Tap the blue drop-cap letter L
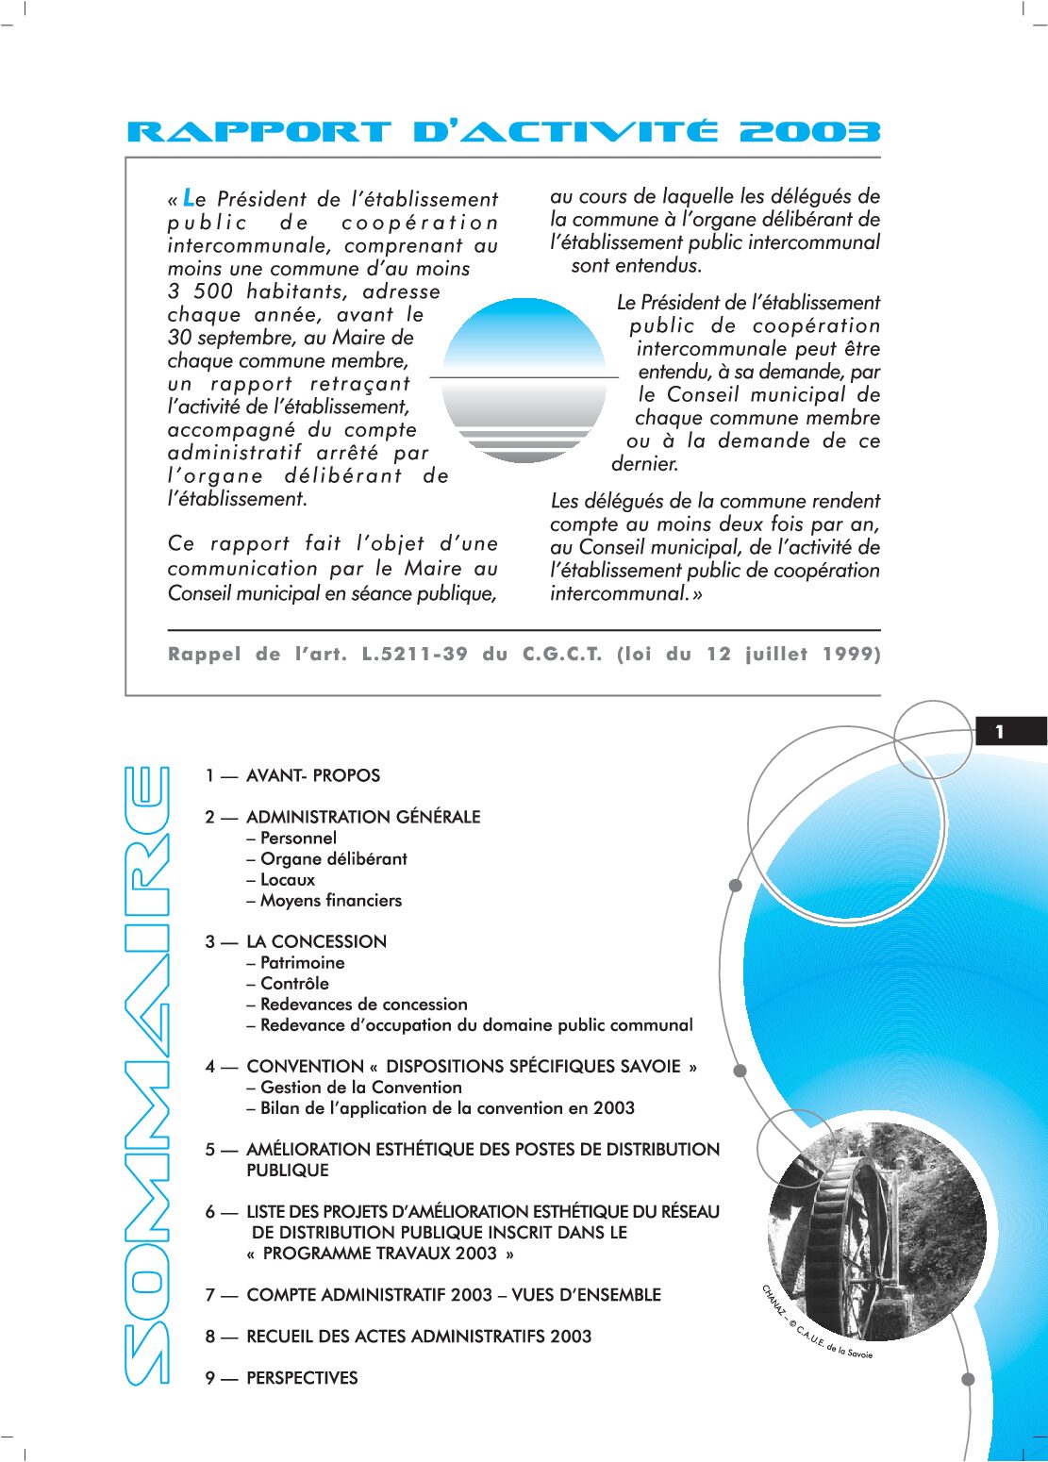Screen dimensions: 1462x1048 pos(189,198)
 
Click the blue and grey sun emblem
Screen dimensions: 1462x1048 pos(524,379)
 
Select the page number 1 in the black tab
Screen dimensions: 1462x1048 pos(1000,732)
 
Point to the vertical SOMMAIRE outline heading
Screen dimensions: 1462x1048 pos(147,1075)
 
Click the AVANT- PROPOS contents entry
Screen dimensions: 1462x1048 pos(312,776)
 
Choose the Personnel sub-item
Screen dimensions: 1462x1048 pos(298,838)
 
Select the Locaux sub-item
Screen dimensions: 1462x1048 pos(287,880)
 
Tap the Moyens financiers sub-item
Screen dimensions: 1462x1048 pos(330,901)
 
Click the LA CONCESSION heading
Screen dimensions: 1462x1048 pos(316,941)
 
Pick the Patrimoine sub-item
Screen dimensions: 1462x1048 pos(302,963)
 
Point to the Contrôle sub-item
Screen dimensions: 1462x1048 pos(294,984)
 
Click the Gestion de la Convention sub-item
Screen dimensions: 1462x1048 pos(360,1088)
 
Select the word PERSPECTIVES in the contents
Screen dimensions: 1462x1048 pos(302,1378)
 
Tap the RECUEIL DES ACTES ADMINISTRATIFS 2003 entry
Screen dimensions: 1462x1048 pos(419,1337)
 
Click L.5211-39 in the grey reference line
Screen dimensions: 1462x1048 pos(415,654)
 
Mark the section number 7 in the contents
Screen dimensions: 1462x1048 pos(209,1295)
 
